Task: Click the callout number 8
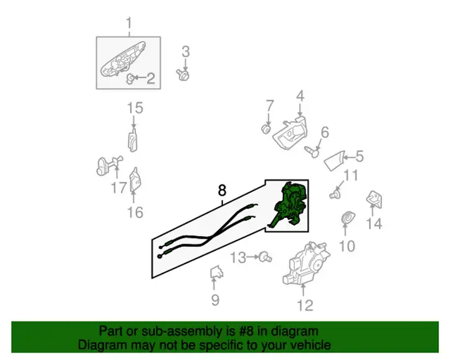[222, 190]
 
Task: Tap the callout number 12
[305, 305]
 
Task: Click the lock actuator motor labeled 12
[305, 263]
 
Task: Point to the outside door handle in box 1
[122, 60]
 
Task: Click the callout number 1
[129, 23]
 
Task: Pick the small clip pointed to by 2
[130, 78]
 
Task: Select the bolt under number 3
[183, 75]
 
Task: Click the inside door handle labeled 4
[289, 133]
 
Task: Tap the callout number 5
[360, 156]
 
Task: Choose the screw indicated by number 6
[312, 151]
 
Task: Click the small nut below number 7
[266, 129]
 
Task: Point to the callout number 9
[215, 300]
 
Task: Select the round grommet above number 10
[348, 218]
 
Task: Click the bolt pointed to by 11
[335, 194]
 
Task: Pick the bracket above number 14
[374, 199]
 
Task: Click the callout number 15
[135, 108]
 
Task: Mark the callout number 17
[119, 188]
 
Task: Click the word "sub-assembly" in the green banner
[182, 331]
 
